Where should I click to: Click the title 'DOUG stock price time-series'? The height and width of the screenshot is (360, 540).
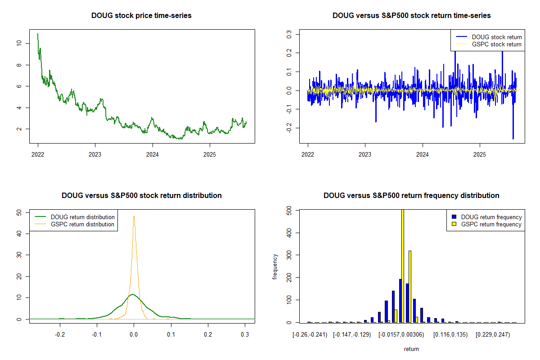pyautogui.click(x=141, y=16)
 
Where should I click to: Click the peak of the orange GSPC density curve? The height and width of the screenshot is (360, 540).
pyautogui.click(x=134, y=216)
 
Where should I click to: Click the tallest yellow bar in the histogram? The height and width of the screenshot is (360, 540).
pyautogui.click(x=403, y=265)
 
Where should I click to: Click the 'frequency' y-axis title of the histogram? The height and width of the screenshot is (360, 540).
pyautogui.click(x=275, y=266)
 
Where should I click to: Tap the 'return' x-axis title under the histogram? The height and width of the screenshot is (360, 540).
pyautogui.click(x=411, y=349)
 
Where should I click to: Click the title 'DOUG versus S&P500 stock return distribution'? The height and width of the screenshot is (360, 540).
pyautogui.click(x=141, y=196)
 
